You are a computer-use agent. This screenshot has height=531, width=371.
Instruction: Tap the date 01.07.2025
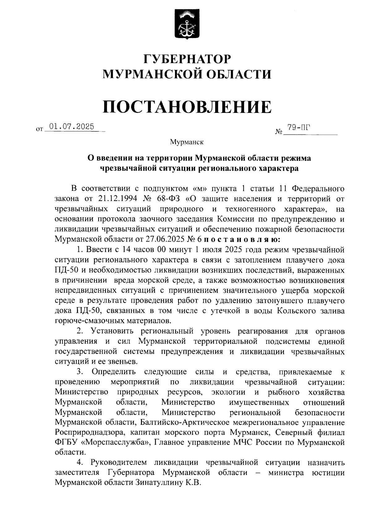coord(71,126)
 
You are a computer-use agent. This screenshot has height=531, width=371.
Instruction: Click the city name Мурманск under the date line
coord(187,142)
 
